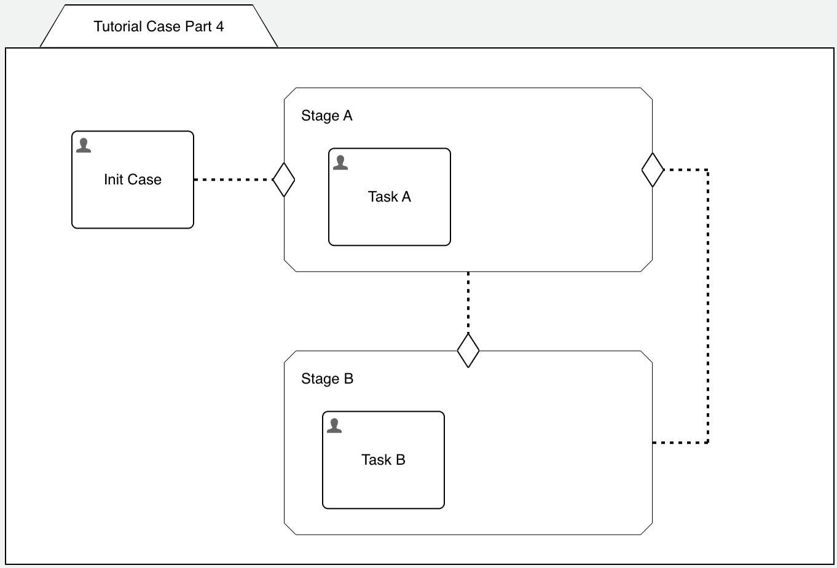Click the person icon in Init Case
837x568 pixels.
84,146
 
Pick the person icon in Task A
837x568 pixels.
340,163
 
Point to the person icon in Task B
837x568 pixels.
334,426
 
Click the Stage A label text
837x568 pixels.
326,116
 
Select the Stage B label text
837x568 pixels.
327,379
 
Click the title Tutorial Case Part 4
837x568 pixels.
159,26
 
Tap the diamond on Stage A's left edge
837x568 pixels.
283,179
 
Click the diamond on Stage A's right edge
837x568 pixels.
653,170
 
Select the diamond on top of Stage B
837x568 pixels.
468,350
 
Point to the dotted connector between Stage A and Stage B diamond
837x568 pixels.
468,301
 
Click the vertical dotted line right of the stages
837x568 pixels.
708,307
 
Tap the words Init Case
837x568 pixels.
133,179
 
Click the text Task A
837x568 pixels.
390,197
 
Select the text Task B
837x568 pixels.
383,460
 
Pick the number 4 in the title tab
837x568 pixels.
219,26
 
